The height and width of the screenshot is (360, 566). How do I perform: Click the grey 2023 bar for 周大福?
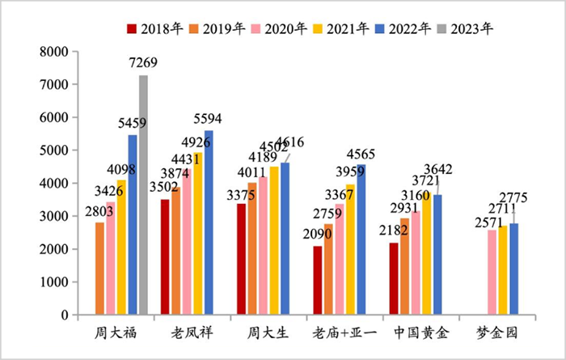(x=143, y=194)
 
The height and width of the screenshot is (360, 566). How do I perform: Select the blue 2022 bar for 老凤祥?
(x=209, y=222)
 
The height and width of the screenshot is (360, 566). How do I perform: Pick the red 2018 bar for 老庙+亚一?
(x=318, y=280)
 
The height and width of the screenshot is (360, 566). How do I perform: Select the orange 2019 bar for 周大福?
(x=100, y=268)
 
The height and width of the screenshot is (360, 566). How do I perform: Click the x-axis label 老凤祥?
(x=192, y=333)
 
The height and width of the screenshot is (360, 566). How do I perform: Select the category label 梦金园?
(x=496, y=333)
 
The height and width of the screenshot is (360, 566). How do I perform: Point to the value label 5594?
(x=206, y=120)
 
